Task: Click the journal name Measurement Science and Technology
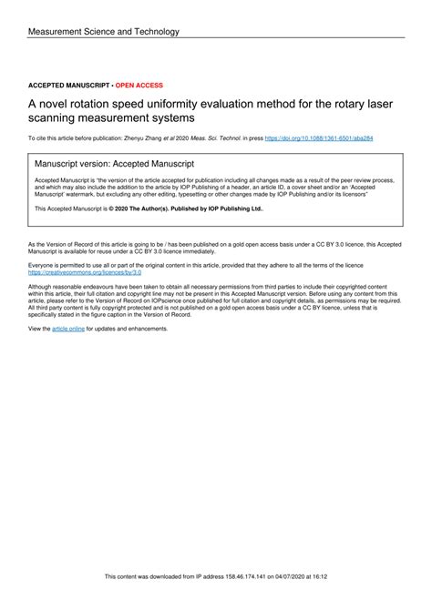(104, 32)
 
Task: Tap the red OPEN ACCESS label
(138, 85)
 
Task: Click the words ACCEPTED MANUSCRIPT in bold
(68, 85)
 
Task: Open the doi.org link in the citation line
(318, 137)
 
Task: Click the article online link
(68, 328)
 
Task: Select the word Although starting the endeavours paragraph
(43, 286)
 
